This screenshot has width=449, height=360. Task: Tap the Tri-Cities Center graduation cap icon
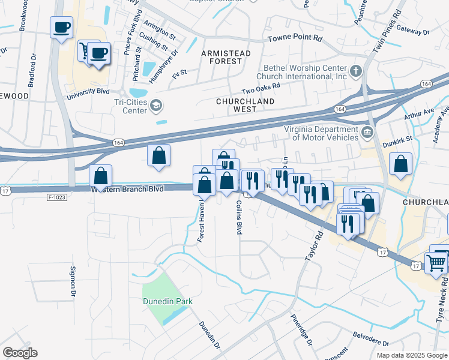click(156, 106)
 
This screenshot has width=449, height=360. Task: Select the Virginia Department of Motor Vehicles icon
click(366, 132)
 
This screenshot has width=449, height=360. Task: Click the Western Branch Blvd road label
click(127, 189)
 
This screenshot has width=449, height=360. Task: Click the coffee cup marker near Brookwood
click(62, 27)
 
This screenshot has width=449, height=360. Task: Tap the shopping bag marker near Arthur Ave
click(400, 163)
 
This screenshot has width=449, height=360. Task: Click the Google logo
click(20, 353)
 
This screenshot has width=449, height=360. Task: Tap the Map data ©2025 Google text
click(411, 355)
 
